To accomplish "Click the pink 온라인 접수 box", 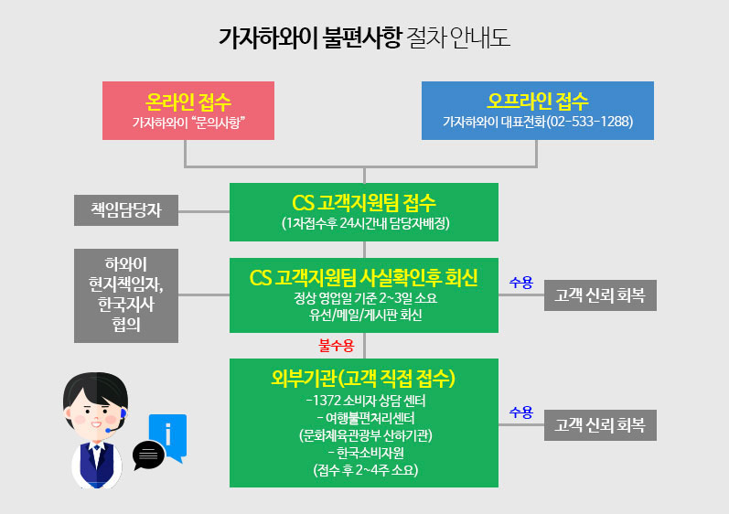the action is click(x=188, y=111).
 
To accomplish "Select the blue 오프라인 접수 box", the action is click(x=538, y=111).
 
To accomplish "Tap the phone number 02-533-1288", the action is click(x=591, y=122).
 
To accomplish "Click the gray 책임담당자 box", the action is click(x=126, y=210).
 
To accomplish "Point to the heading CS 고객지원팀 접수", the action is click(x=364, y=203).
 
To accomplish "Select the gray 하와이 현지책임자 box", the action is click(x=126, y=295).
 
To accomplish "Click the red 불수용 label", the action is click(x=336, y=346).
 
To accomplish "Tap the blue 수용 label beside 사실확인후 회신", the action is click(x=521, y=282).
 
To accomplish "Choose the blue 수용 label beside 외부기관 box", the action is click(x=521, y=412).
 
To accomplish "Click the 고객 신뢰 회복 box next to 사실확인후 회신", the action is click(x=600, y=295).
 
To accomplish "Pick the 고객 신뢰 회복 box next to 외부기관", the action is click(x=600, y=424).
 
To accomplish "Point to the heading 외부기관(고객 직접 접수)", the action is click(x=363, y=379).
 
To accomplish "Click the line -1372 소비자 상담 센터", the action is click(x=366, y=401).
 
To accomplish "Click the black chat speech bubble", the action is click(x=148, y=455).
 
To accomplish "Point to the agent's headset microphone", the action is click(x=110, y=429).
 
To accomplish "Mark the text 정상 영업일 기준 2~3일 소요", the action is click(x=366, y=297).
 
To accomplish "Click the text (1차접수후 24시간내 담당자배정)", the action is click(x=366, y=223).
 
